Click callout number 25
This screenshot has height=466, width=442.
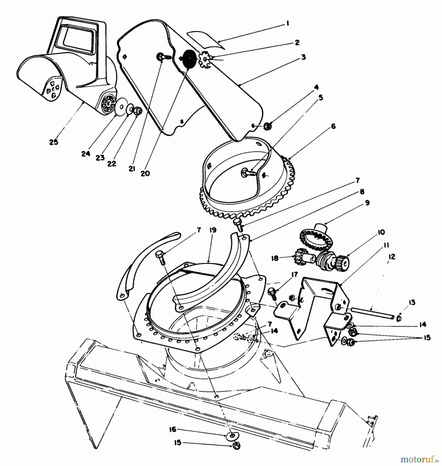(x=54, y=142)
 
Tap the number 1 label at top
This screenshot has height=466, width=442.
(x=287, y=24)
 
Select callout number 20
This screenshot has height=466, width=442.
(x=145, y=173)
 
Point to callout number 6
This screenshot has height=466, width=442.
(x=333, y=127)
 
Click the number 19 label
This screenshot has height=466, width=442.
(x=213, y=230)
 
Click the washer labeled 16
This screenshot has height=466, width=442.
(x=231, y=435)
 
